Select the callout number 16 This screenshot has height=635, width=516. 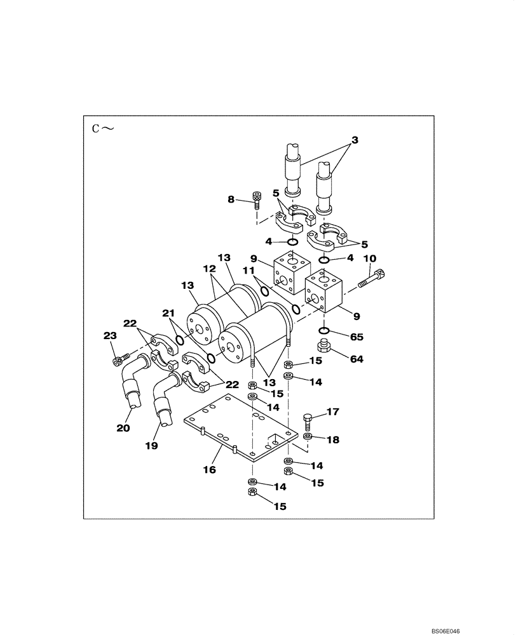[x=209, y=470]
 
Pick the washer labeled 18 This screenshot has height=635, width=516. [x=308, y=438]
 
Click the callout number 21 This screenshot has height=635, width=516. [x=168, y=313]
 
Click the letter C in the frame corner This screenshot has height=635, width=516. [x=96, y=129]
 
